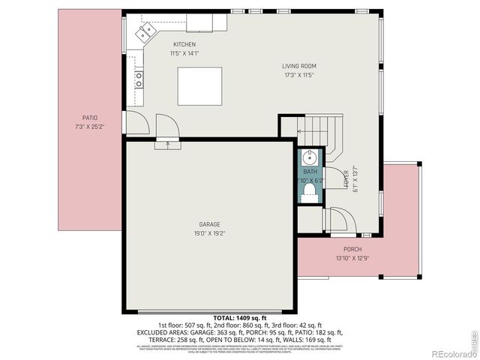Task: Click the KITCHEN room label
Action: point(184,44)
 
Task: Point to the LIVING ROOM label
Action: point(298,66)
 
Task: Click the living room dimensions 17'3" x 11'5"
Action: point(298,75)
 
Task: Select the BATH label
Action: point(310,172)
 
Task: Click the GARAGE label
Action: point(208,223)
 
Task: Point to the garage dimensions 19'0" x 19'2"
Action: point(208,232)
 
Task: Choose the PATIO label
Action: point(90,118)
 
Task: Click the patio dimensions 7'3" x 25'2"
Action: point(90,127)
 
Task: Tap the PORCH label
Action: point(352,250)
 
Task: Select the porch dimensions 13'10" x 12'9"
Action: point(352,259)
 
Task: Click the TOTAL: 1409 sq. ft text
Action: point(239,319)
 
